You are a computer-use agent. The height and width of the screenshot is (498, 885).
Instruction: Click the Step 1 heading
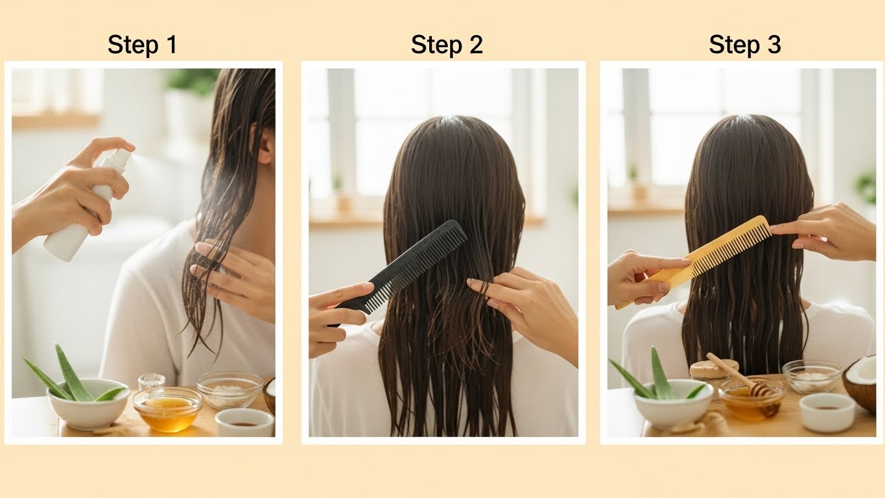[x=142, y=45]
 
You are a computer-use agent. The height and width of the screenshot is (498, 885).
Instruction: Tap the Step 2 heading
[x=447, y=45]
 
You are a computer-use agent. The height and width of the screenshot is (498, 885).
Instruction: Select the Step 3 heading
[x=745, y=45]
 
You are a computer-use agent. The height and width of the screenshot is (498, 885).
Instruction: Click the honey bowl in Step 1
[x=167, y=409]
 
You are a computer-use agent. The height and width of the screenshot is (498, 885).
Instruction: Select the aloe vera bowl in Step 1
[x=88, y=403]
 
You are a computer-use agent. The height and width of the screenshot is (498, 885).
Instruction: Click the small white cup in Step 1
[x=245, y=422]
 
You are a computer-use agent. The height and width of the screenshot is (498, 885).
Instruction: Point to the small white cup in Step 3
[x=827, y=412]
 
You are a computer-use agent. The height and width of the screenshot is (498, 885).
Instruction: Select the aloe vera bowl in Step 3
[x=674, y=404]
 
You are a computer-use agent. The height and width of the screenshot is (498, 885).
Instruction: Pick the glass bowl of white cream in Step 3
[x=812, y=376]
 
